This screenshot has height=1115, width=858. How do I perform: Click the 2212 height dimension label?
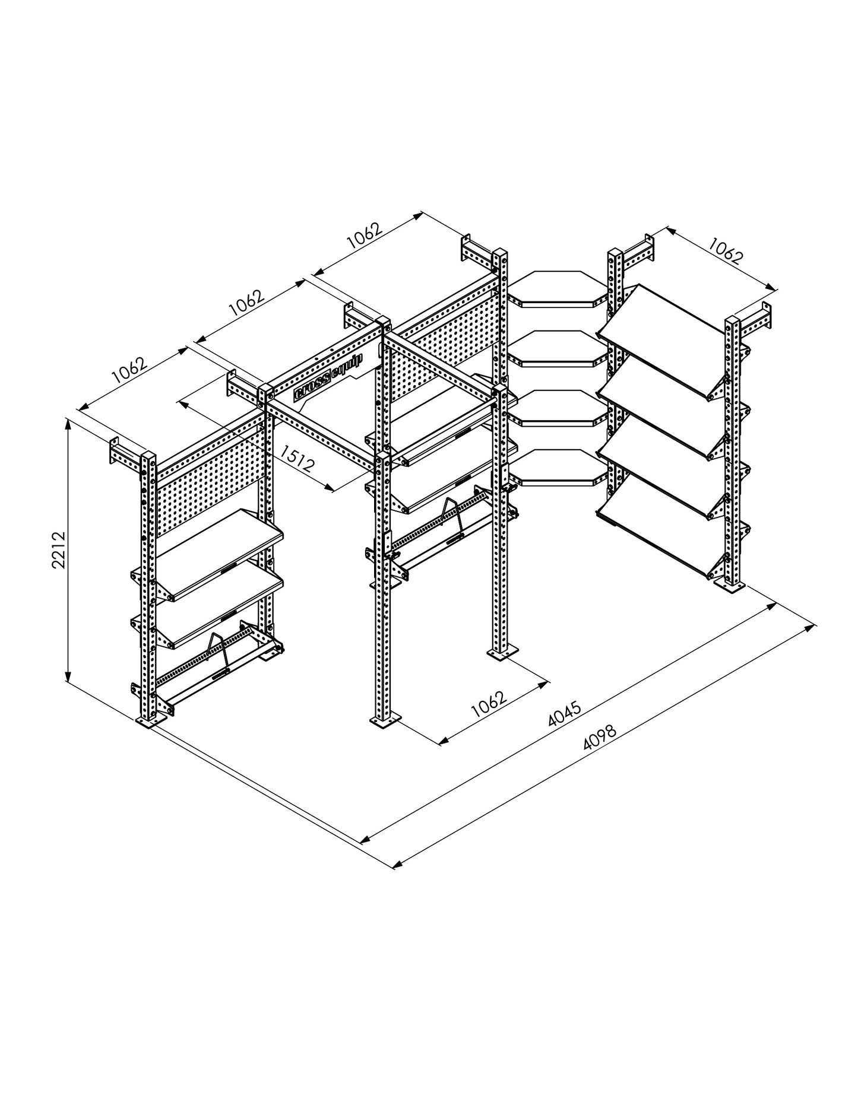59,550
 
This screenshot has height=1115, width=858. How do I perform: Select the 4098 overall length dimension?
600,738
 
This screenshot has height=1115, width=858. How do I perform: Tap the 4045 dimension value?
564,713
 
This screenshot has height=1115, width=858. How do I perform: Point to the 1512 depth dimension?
297,459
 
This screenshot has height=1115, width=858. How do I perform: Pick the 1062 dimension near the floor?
488,704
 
